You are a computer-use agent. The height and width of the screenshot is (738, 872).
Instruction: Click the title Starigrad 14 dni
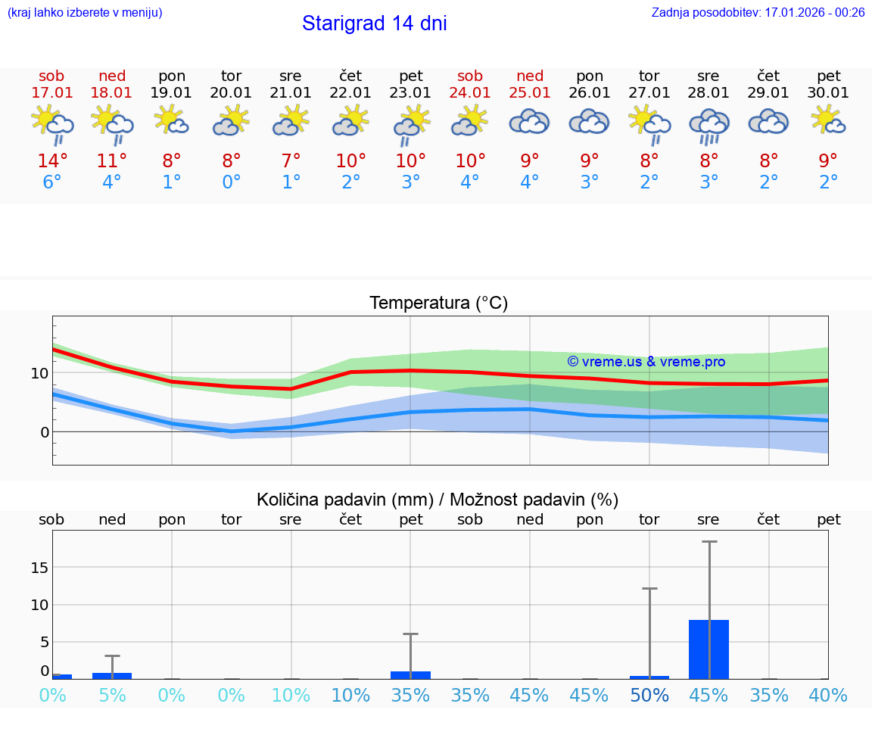374,23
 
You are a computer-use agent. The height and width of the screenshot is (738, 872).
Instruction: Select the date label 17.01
51,93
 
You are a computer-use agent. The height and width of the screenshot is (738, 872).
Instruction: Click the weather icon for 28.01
708,125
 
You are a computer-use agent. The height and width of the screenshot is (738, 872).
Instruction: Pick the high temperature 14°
52,161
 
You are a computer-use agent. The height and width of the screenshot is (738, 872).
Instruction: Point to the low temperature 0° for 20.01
231,182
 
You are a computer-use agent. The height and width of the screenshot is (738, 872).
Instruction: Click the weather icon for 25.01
529,122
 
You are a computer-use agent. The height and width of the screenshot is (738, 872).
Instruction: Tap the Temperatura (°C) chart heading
438,304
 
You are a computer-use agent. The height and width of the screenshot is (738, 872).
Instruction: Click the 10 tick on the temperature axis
39,373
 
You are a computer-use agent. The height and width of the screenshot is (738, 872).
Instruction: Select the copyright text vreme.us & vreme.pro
646,362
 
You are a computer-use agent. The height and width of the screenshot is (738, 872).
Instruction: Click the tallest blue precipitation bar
708,649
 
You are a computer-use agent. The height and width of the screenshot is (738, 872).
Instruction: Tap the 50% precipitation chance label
649,695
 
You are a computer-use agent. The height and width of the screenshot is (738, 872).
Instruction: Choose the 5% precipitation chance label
112,695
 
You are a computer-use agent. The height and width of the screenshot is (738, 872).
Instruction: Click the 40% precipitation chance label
828,695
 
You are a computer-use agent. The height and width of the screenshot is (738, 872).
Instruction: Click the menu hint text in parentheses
85,13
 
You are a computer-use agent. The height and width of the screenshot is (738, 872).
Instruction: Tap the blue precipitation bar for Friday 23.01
410,674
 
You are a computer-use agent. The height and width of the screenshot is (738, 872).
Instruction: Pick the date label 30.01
828,93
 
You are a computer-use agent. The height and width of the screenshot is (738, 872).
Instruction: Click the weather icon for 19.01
172,121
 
